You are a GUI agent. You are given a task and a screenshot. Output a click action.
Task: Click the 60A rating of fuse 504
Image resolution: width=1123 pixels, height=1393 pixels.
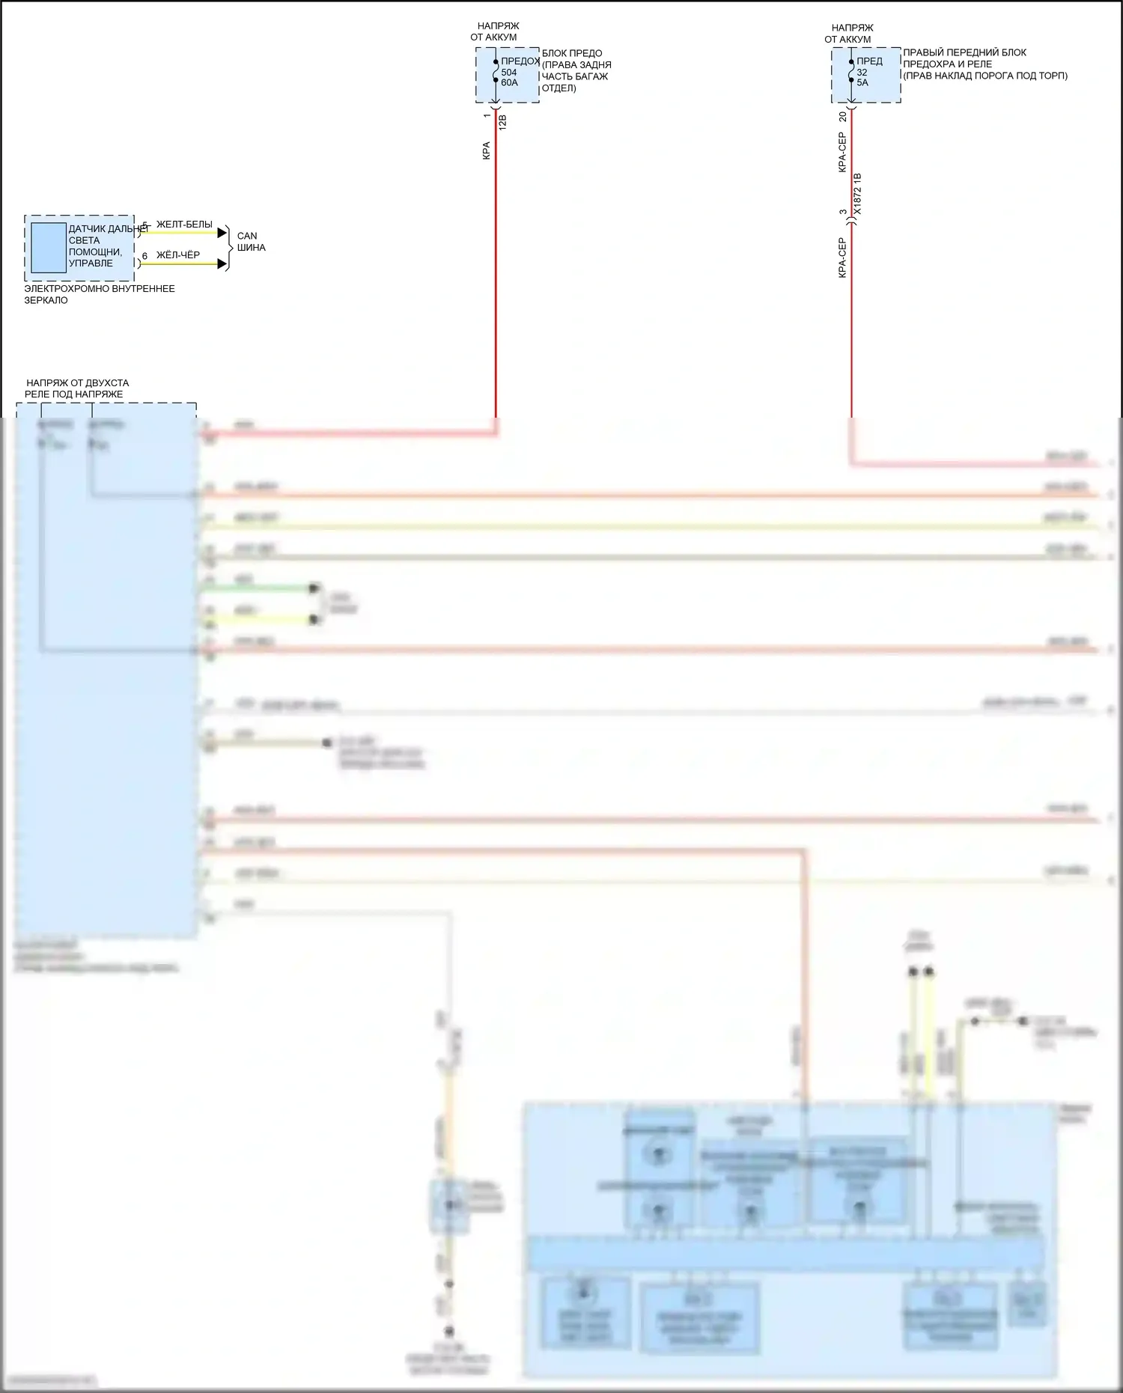click(x=509, y=83)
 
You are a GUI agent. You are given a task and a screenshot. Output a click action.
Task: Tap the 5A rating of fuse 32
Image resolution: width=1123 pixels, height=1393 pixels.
click(x=862, y=83)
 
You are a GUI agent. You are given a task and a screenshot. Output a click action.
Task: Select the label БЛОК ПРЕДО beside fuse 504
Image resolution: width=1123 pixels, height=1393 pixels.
click(x=572, y=54)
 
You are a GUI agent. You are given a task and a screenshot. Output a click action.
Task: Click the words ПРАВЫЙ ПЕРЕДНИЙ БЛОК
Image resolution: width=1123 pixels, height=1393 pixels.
click(x=964, y=53)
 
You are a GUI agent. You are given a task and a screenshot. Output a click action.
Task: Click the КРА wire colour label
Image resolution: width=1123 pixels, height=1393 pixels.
click(x=487, y=150)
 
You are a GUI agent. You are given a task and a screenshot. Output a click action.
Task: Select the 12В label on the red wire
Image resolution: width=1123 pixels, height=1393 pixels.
click(x=502, y=122)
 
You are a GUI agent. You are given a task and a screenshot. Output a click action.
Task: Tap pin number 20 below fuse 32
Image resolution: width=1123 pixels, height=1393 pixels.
click(x=843, y=117)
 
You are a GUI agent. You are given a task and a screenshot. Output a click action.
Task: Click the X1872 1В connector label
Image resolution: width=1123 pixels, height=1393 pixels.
click(x=858, y=195)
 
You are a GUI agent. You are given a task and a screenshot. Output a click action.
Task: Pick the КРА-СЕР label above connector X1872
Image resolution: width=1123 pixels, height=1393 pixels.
click(x=842, y=153)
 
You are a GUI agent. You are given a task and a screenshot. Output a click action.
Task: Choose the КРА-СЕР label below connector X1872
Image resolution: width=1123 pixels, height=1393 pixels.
click(x=842, y=258)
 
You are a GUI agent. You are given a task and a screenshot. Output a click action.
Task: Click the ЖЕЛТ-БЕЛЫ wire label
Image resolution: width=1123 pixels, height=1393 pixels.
click(x=184, y=225)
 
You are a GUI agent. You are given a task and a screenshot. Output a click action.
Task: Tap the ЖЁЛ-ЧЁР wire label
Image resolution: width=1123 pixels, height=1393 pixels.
click(x=178, y=255)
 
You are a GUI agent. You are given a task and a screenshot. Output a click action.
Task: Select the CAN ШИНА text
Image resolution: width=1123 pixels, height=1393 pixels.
click(x=251, y=242)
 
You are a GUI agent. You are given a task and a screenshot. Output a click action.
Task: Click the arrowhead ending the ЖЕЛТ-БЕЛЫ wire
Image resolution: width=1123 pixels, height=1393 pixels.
click(x=222, y=233)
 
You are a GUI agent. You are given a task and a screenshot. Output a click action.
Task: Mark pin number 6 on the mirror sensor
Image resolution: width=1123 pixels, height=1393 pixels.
click(x=144, y=257)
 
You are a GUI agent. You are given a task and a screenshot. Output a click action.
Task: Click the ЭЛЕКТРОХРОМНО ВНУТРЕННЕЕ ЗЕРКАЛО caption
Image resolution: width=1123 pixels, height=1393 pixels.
click(x=99, y=294)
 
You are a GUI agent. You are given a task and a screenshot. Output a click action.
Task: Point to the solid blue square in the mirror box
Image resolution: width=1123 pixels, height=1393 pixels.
click(x=48, y=247)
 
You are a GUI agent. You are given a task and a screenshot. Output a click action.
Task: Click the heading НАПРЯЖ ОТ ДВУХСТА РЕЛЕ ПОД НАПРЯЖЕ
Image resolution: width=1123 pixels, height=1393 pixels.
click(x=77, y=388)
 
